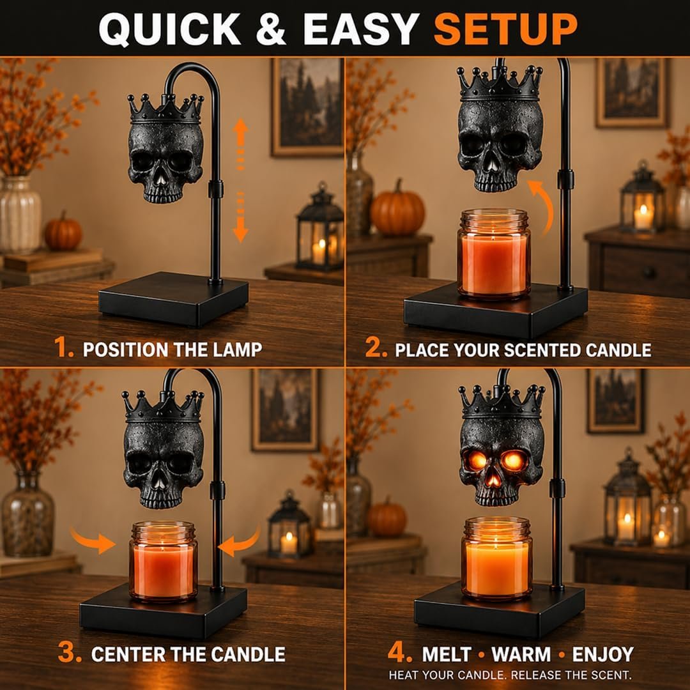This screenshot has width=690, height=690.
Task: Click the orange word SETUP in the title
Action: pyautogui.click(x=505, y=29)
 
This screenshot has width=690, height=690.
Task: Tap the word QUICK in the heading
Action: pyautogui.click(x=169, y=29)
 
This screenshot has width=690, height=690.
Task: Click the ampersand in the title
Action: pyautogui.click(x=271, y=29)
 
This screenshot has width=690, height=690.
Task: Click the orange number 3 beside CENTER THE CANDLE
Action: pyautogui.click(x=70, y=652)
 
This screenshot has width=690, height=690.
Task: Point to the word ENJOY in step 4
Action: pyautogui.click(x=603, y=654)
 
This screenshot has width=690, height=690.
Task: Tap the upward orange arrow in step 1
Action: pyautogui.click(x=240, y=144)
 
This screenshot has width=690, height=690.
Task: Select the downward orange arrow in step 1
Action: pyautogui.click(x=240, y=217)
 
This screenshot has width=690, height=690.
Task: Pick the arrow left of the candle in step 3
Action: pyautogui.click(x=93, y=540)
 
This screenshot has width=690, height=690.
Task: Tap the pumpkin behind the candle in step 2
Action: pyautogui.click(x=397, y=208)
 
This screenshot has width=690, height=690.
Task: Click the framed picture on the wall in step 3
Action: pyautogui.click(x=285, y=410)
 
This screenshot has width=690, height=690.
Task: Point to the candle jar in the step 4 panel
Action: pyautogui.click(x=496, y=558)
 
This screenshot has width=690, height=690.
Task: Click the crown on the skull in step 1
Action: pyautogui.click(x=165, y=108)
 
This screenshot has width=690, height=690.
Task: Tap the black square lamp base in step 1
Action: pyautogui.click(x=173, y=299)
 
